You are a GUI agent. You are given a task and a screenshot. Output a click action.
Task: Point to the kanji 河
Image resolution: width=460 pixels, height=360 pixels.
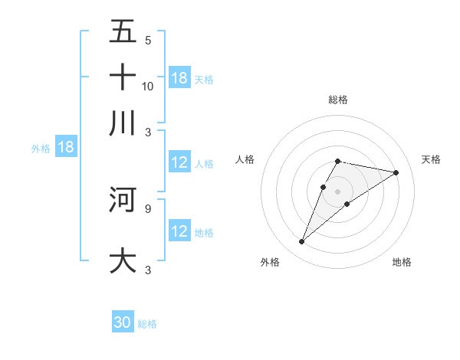(123, 199)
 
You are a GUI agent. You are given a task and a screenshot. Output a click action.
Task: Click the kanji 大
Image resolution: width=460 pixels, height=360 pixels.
(123, 260)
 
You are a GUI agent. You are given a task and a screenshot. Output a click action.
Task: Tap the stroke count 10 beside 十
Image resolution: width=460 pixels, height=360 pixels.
(148, 86)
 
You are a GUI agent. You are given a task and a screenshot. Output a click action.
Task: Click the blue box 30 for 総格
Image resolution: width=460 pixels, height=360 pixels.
(123, 322)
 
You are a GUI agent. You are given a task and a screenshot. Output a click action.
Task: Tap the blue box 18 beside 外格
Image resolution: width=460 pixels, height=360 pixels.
(65, 148)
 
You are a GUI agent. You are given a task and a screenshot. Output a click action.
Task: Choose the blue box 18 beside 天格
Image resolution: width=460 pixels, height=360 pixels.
(179, 77)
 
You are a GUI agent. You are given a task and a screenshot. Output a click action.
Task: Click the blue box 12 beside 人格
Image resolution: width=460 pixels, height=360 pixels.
(179, 162)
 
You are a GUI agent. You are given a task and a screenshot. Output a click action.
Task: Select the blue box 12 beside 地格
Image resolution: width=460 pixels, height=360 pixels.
(179, 231)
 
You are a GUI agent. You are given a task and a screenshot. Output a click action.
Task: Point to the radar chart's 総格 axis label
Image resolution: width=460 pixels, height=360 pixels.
(338, 100)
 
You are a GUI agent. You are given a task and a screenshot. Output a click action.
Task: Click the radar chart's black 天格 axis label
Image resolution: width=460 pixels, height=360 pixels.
(432, 159)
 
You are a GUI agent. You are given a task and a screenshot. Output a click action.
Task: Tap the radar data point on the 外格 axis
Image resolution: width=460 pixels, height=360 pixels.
(301, 242)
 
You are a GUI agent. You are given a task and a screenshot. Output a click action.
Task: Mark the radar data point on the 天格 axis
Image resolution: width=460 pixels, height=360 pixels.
(396, 172)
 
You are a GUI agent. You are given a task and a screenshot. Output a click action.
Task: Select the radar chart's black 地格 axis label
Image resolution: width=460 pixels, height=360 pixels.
(402, 262)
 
